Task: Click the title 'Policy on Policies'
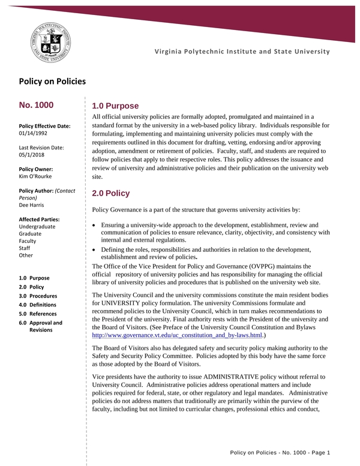tap(52, 81)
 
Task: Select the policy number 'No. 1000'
tap(37, 105)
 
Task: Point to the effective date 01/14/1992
tap(34, 133)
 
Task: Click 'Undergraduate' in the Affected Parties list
tap(37, 226)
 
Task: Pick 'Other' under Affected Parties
tap(26, 255)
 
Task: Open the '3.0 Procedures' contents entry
tap(38, 296)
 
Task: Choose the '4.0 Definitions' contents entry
tap(38, 305)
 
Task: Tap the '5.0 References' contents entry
tap(38, 313)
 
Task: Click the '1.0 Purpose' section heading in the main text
tap(115, 106)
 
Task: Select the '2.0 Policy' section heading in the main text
tap(110, 193)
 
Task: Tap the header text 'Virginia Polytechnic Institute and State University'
tap(242, 52)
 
